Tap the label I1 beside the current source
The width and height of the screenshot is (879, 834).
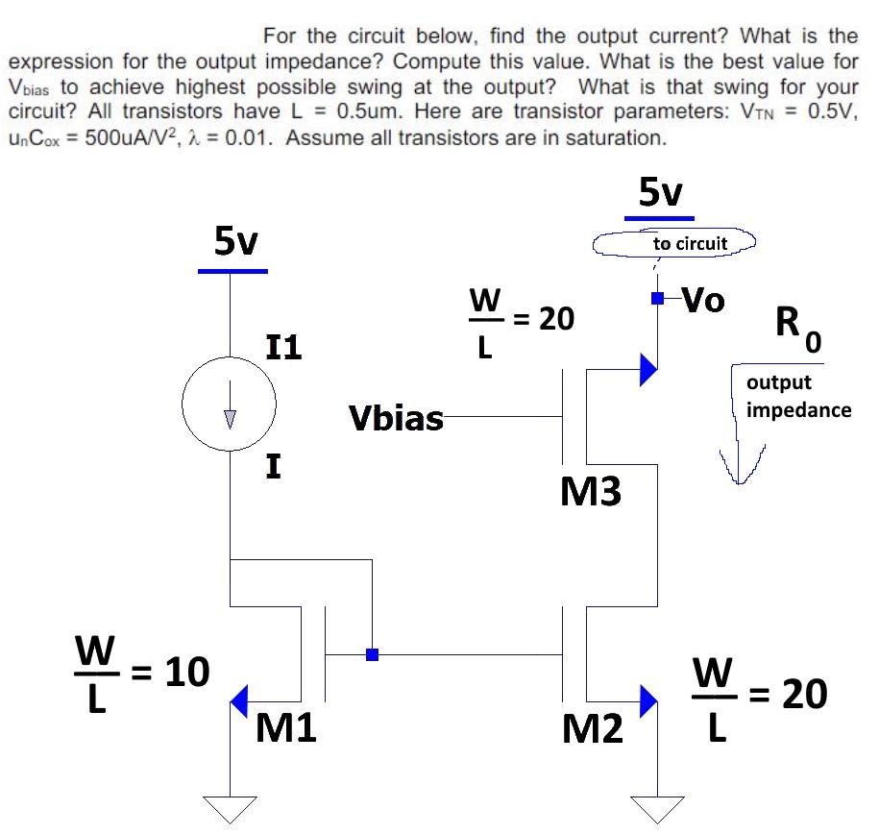point(282,346)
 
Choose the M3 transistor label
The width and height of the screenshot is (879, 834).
point(590,493)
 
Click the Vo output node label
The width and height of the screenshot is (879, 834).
point(702,301)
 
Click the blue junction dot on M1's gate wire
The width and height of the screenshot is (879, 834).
point(372,655)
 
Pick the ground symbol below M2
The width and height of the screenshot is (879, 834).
point(657,809)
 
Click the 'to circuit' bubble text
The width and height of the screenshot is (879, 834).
point(690,244)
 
